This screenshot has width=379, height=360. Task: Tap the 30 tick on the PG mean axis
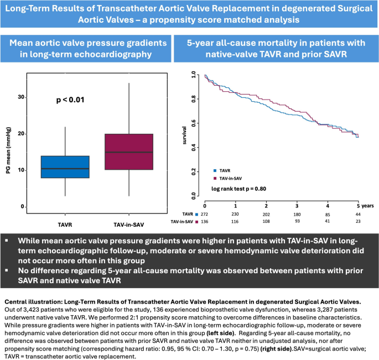(37, 97)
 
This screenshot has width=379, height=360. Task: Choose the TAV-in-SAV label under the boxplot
(129, 226)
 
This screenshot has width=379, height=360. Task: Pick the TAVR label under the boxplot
(65, 226)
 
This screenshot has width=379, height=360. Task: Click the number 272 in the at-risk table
(205, 213)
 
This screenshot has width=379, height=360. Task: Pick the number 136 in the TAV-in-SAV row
(205, 221)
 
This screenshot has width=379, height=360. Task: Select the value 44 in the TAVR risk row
(359, 213)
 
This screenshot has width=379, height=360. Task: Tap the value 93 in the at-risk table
(297, 221)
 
